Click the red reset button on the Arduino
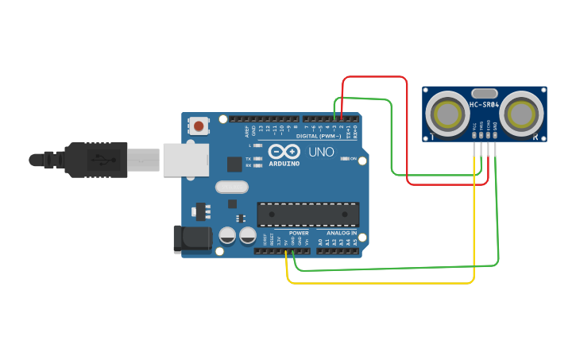[x=198, y=126]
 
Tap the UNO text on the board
[x=321, y=152]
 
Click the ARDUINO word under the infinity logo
[x=284, y=164]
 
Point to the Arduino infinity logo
[x=284, y=151]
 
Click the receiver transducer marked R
[x=523, y=114]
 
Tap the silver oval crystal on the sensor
[x=484, y=93]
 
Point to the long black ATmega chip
[x=307, y=214]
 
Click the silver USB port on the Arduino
[x=185, y=159]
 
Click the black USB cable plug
[x=95, y=159]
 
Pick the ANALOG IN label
[x=341, y=233]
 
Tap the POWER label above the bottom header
[x=299, y=233]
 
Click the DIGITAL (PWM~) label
[x=318, y=136]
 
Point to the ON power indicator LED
[x=344, y=159]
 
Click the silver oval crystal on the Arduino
[x=231, y=188]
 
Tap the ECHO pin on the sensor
[x=489, y=135]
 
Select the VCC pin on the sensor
[x=475, y=135]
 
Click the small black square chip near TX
[x=234, y=164]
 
